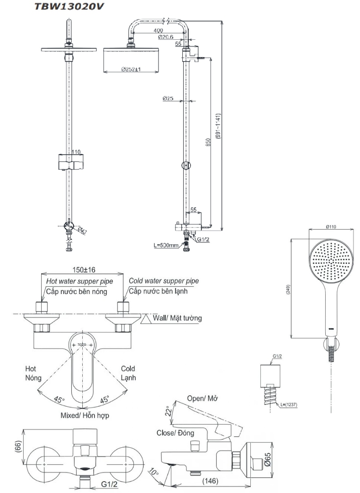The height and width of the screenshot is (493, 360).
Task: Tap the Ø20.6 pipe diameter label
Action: pyautogui.click(x=165, y=37)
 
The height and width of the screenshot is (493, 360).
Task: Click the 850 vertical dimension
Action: pyautogui.click(x=208, y=142)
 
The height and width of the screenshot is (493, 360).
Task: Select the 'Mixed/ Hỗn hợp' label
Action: pyautogui.click(x=85, y=415)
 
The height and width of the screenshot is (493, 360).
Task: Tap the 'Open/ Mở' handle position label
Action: pyautogui.click(x=202, y=398)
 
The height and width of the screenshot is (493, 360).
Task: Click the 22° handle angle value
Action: pyautogui.click(x=169, y=412)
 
